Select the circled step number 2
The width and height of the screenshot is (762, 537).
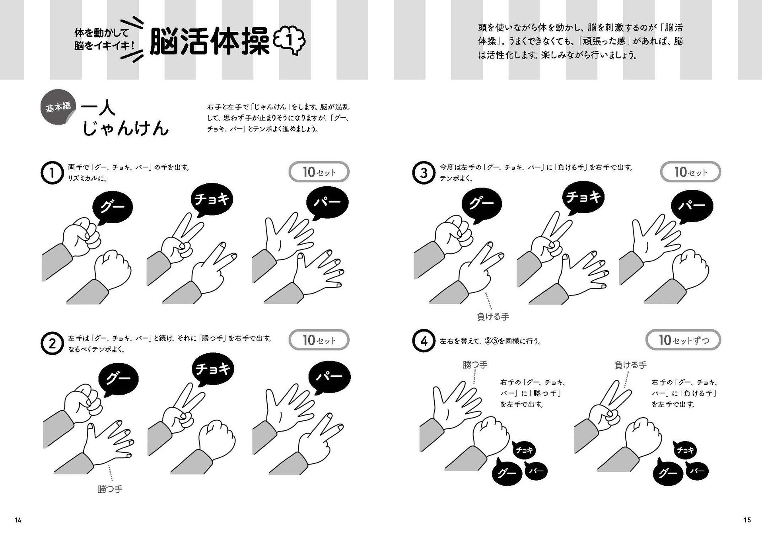click(52, 344)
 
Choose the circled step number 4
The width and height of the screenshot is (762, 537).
click(424, 341)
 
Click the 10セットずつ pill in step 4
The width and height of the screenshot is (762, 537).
click(683, 340)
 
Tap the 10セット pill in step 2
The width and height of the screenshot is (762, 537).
click(319, 340)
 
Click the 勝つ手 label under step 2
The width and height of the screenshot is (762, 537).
click(110, 489)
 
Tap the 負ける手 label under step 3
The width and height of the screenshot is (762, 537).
click(493, 317)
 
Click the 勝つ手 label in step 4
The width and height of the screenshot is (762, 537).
click(475, 365)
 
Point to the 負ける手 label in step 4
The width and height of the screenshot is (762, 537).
click(631, 365)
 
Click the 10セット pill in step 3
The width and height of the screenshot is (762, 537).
click(690, 172)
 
